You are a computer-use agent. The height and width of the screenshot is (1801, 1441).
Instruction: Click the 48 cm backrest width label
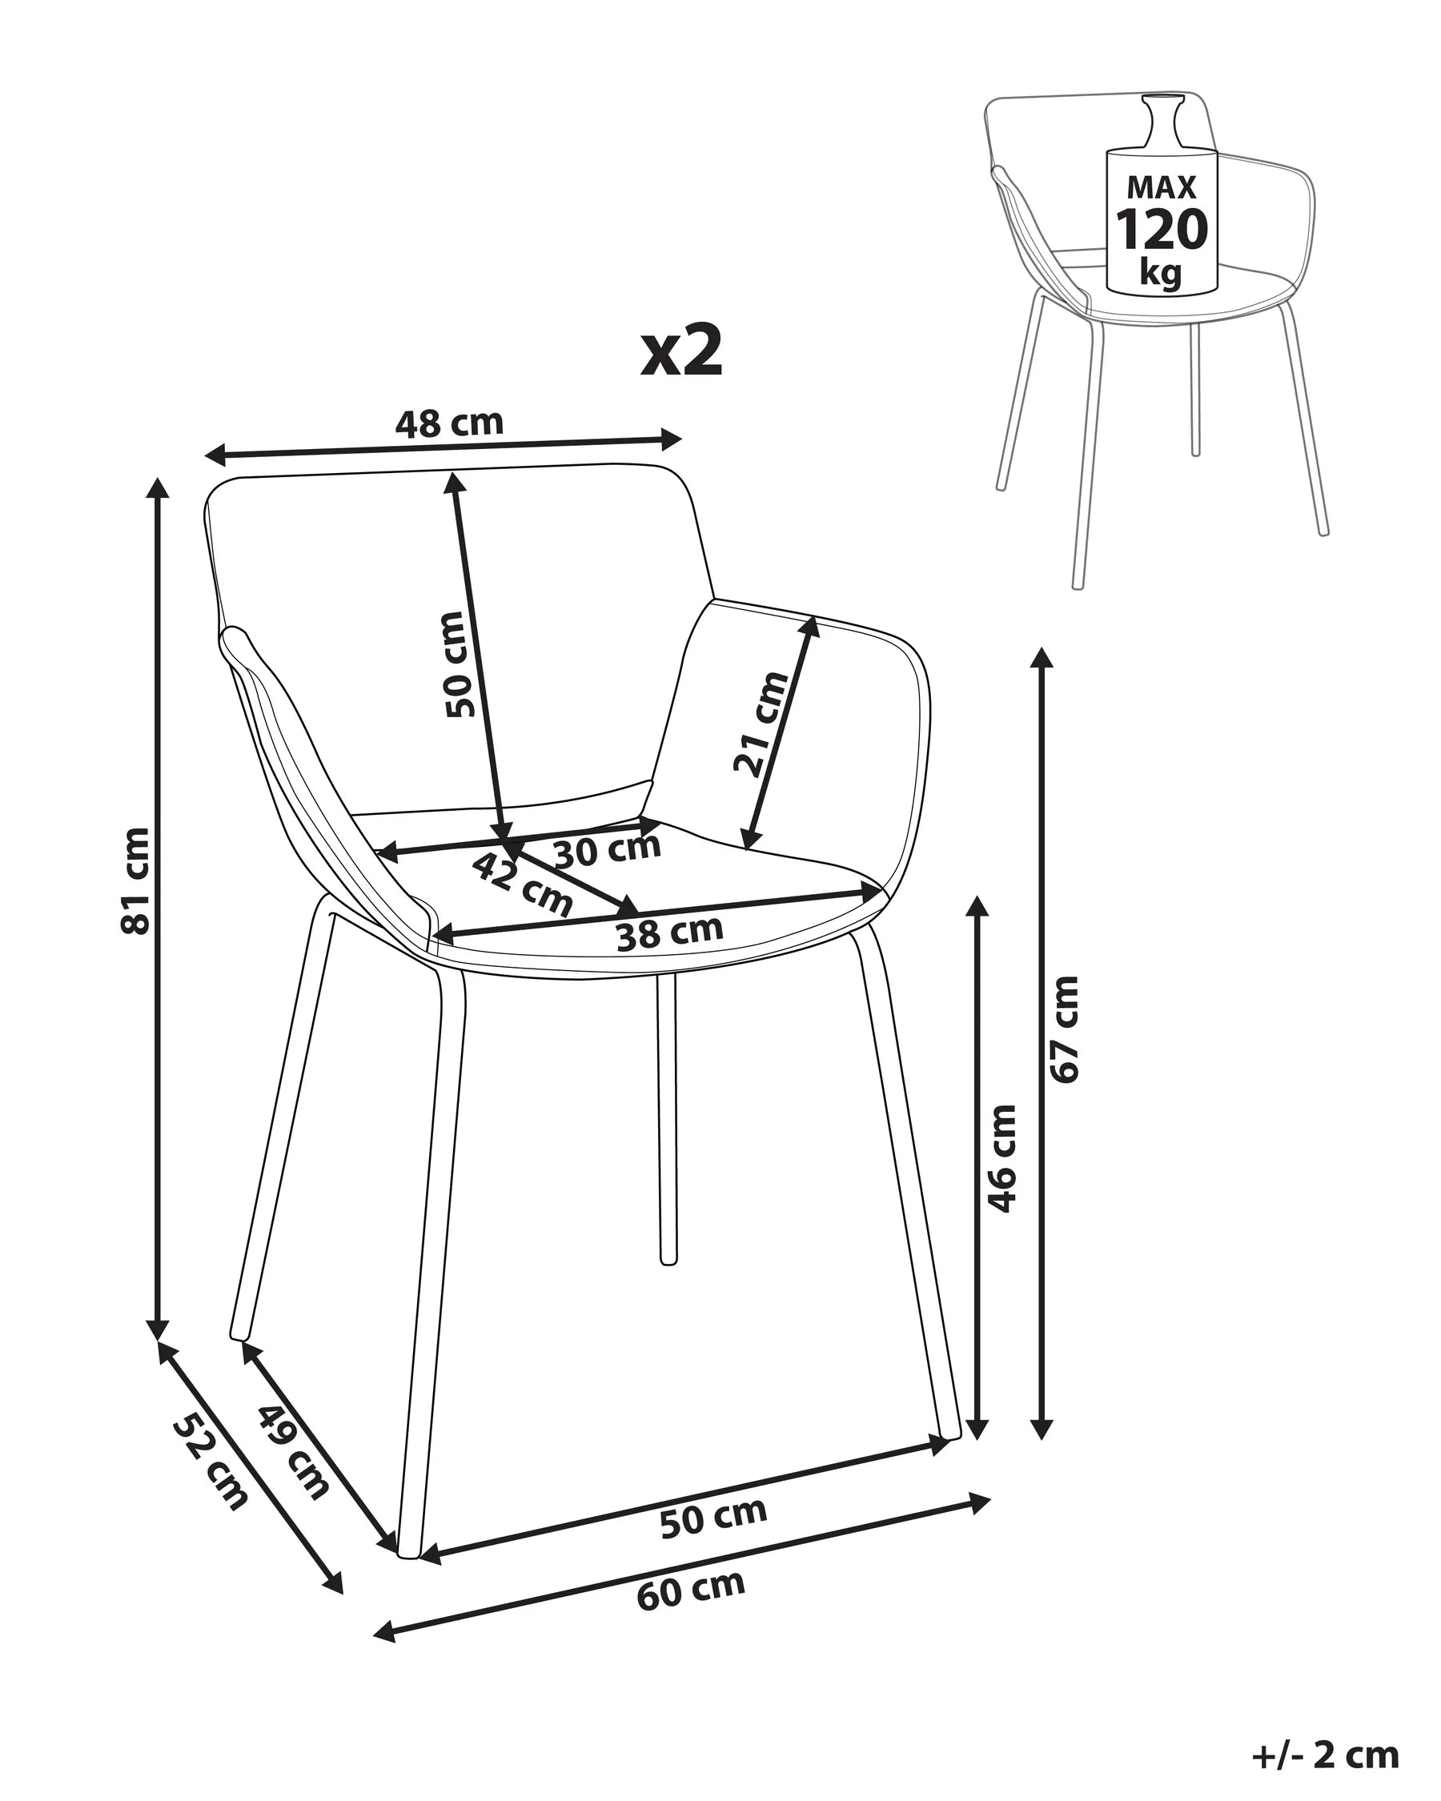pos(449,423)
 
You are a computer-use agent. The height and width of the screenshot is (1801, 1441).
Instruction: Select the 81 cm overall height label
pos(136,880)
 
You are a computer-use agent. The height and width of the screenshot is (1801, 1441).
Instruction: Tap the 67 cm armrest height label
pos(1064,1030)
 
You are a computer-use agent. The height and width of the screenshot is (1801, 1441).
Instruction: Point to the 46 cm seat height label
pos(1001,1157)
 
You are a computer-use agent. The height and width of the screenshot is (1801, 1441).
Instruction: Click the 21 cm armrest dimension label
pos(760,724)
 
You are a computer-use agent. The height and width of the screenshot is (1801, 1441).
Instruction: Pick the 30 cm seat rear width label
pos(608,850)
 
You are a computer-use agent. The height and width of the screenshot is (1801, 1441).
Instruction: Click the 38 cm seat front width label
pos(669,933)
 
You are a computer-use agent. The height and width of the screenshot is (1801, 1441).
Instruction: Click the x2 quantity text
pos(680,351)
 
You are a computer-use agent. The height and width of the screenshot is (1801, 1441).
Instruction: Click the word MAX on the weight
pos(1161,187)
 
